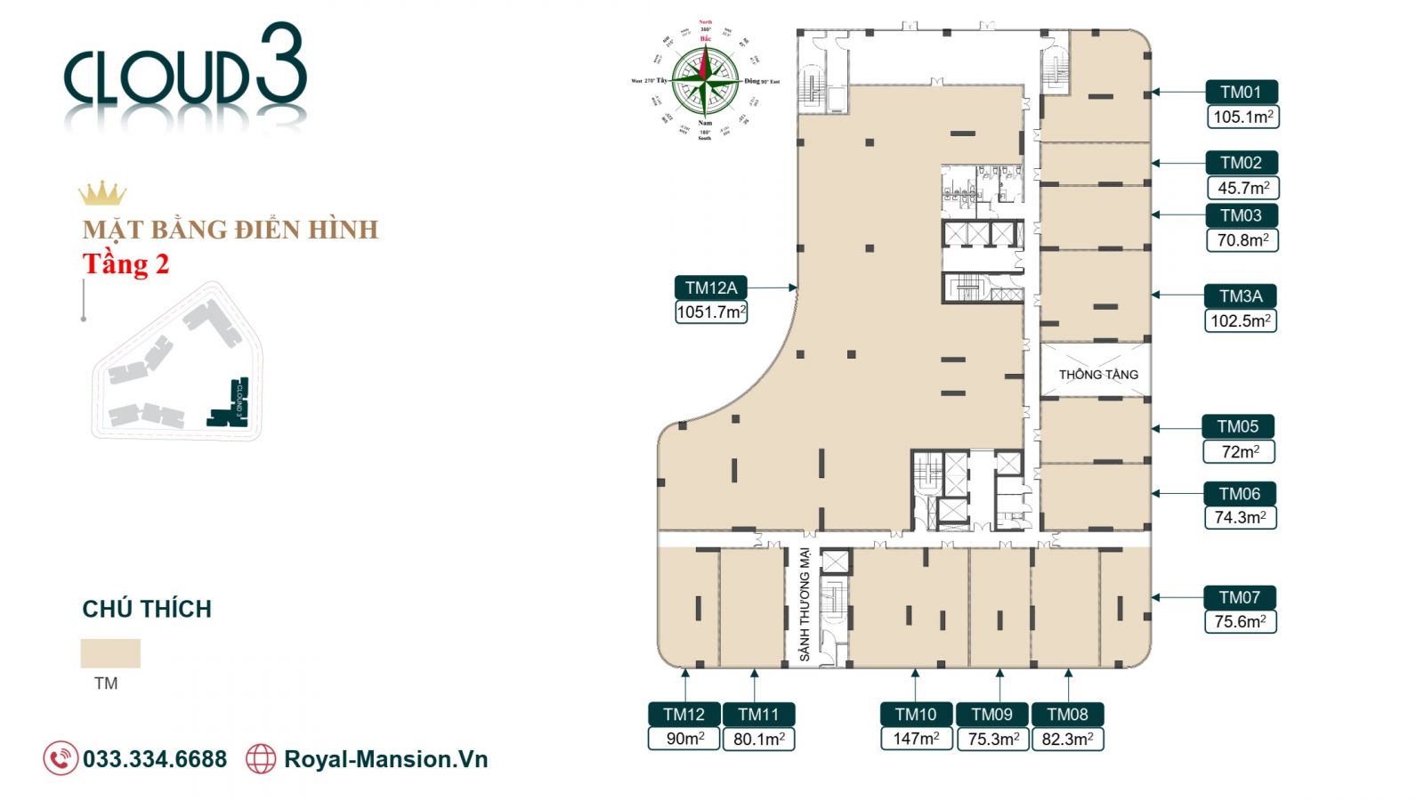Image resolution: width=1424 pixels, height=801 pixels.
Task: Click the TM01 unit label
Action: point(1242,92)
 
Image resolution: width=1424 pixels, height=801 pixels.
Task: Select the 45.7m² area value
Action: point(1243,188)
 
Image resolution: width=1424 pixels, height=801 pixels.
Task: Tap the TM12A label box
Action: point(711,287)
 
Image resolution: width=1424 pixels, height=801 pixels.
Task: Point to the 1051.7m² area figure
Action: point(711,312)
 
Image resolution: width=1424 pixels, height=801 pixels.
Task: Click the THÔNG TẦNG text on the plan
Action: point(1098,375)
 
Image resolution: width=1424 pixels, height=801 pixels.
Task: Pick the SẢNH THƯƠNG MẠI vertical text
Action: point(805,605)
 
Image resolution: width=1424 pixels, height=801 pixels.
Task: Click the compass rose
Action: point(705,80)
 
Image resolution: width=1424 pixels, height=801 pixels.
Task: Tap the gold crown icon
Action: point(102,193)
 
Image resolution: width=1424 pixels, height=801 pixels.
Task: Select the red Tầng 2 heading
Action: point(125,264)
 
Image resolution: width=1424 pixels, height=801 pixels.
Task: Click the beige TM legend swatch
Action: point(110,653)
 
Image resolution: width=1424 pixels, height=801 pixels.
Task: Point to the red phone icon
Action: point(61,759)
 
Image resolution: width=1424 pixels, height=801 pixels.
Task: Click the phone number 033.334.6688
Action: point(155,759)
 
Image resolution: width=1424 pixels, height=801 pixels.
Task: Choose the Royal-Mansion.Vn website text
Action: point(385,759)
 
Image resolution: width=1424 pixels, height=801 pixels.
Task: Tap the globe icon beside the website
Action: point(261,759)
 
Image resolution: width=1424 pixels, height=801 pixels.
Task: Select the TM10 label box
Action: point(916,714)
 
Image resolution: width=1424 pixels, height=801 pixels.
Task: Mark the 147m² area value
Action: point(916,739)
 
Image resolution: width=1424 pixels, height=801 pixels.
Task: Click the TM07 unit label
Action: point(1240,597)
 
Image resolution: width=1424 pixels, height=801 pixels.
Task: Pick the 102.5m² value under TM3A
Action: point(1241,320)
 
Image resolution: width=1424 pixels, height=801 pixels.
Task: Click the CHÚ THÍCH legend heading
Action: point(147,609)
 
